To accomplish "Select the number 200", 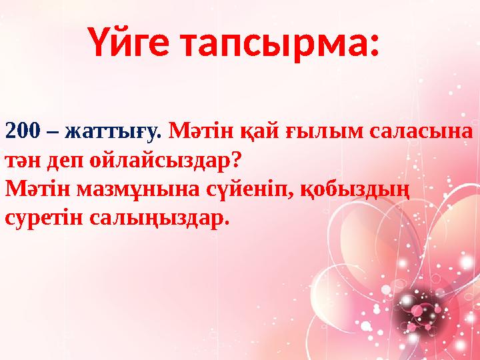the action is click(x=23, y=131).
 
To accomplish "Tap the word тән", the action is click(x=23, y=161).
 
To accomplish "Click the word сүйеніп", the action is click(x=247, y=191).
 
